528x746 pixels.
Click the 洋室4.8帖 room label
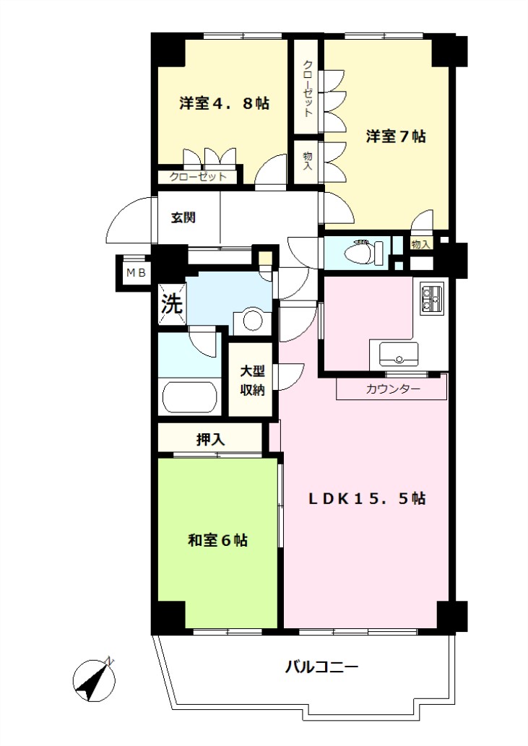(x=224, y=103)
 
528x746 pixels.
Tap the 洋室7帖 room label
(x=395, y=136)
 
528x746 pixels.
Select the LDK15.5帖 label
(x=367, y=498)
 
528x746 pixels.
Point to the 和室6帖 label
(x=218, y=540)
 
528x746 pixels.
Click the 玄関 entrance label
(x=183, y=218)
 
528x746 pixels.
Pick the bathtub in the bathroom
(x=190, y=396)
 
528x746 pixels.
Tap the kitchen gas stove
(x=431, y=299)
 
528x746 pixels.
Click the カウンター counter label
(x=393, y=390)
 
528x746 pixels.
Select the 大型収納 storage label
(x=252, y=381)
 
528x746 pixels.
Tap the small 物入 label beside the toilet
(x=421, y=245)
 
